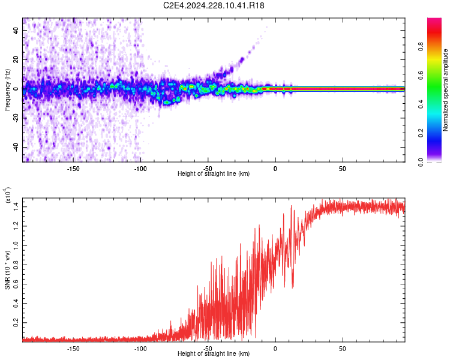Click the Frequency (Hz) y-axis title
click(8, 90)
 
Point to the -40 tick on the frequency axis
click(17, 147)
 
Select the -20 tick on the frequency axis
click(17, 118)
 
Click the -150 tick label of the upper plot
click(73, 168)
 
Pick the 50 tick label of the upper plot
click(342, 168)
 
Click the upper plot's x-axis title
click(214, 174)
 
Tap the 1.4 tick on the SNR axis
click(16, 206)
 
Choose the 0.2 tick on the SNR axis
click(16, 322)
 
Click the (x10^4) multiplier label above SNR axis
click(8, 196)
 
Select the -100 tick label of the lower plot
click(140, 348)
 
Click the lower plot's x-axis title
click(214, 354)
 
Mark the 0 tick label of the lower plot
click(275, 348)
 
